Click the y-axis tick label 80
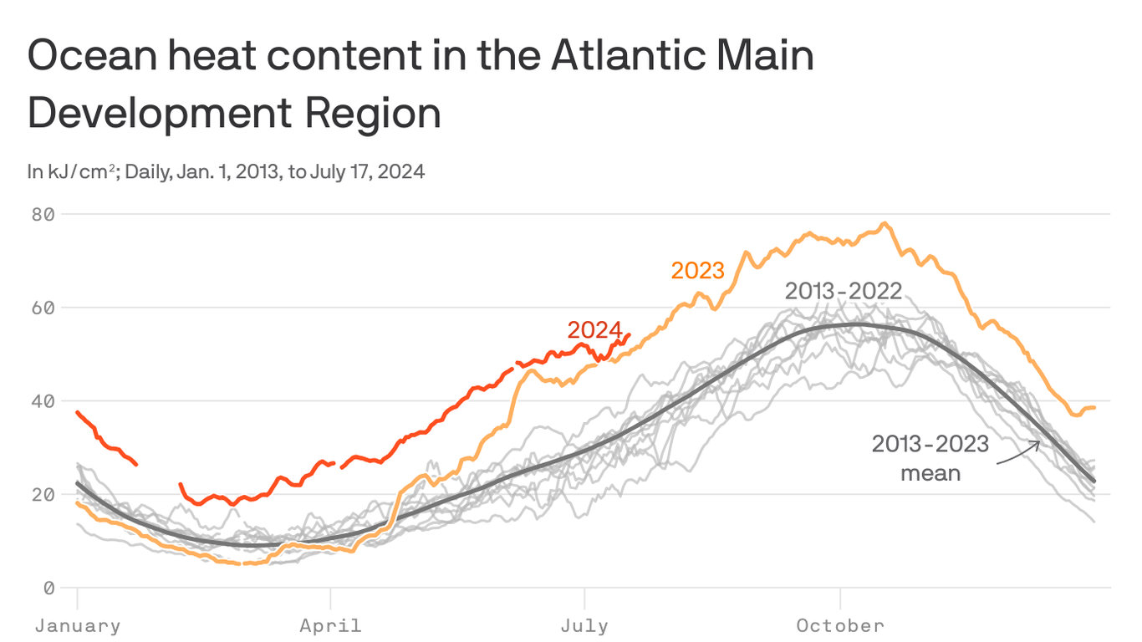tap(44, 214)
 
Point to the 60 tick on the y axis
tap(44, 308)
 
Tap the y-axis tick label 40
tap(44, 401)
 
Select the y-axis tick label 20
tap(44, 495)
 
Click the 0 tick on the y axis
tap(49, 588)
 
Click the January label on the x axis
tap(78, 625)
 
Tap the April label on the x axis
tap(332, 625)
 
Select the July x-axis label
tap(584, 625)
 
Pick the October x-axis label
tap(839, 625)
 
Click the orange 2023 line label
tap(697, 271)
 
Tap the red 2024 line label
tap(594, 330)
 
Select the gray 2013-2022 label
tap(844, 291)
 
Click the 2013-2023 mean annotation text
tap(930, 458)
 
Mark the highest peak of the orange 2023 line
tap(885, 223)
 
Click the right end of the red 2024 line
tap(629, 334)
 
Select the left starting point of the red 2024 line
tap(77, 412)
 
